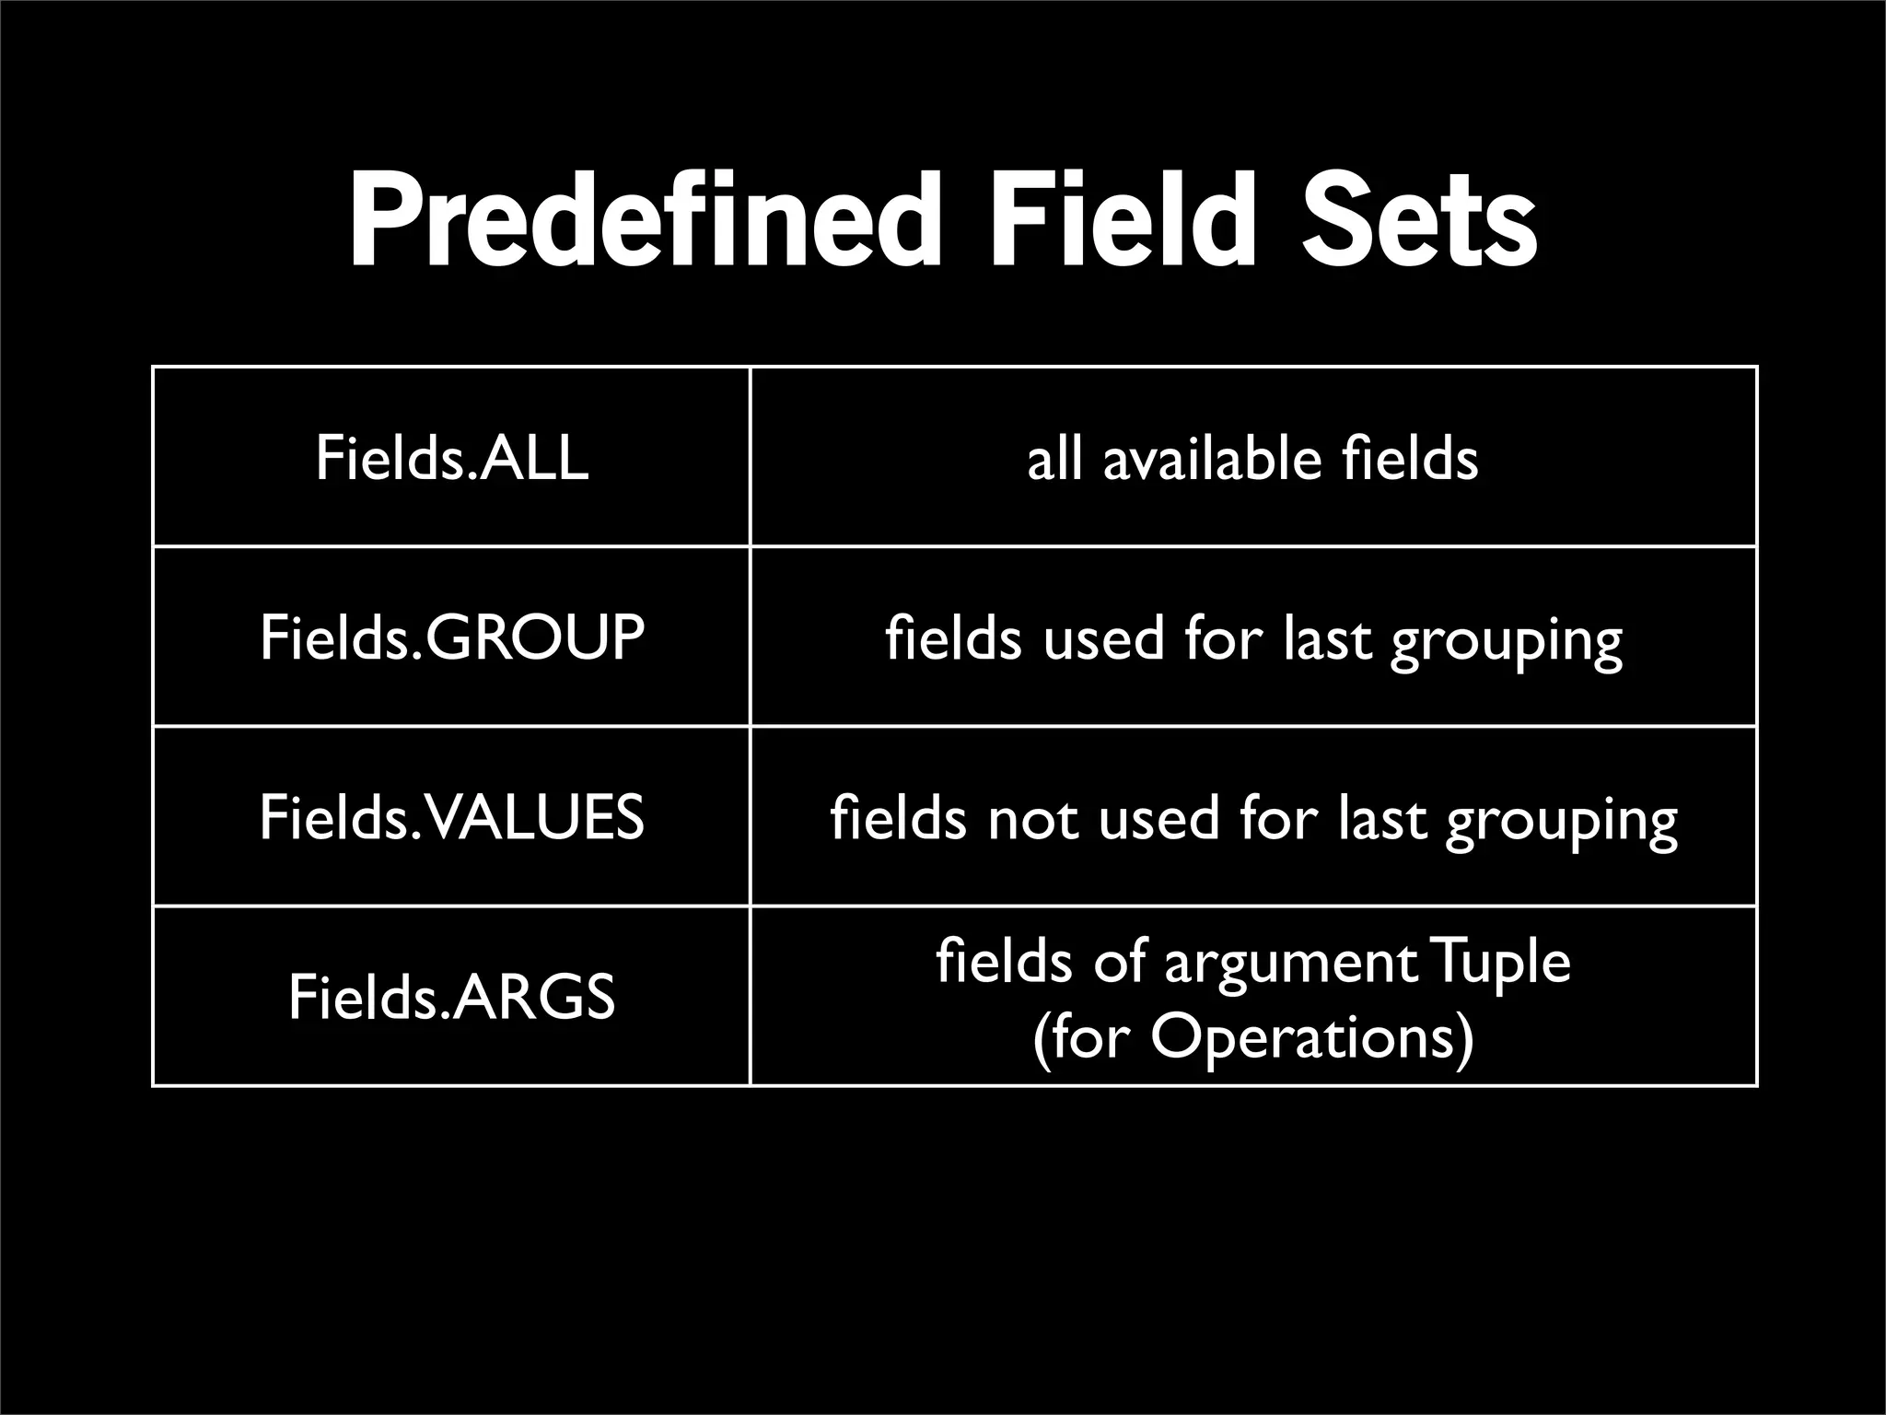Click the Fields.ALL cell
451,458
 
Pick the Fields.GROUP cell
451,637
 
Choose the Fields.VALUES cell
451,817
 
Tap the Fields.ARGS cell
451,997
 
